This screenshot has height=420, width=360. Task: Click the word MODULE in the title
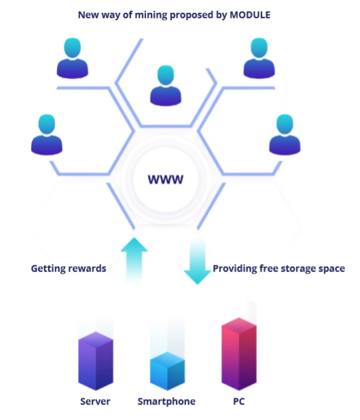(x=250, y=15)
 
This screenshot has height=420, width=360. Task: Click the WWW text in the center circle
(x=166, y=179)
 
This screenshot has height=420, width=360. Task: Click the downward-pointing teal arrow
(x=197, y=262)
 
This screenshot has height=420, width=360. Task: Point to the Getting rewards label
(x=69, y=269)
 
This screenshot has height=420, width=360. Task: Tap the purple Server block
(x=96, y=361)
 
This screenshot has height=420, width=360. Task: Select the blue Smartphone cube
(x=167, y=371)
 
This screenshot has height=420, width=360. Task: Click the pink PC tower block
(x=239, y=354)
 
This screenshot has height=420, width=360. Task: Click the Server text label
(x=95, y=401)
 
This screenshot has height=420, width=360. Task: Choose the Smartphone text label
(x=166, y=401)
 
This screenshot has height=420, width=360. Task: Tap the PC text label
(x=239, y=401)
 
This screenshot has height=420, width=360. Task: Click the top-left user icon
(x=73, y=58)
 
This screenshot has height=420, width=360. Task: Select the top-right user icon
(x=259, y=58)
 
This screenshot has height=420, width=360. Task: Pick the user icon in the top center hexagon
(x=166, y=85)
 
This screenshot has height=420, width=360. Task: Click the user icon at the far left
(x=47, y=134)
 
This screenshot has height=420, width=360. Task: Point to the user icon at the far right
(x=285, y=134)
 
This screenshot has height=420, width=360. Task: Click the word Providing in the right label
(x=235, y=269)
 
